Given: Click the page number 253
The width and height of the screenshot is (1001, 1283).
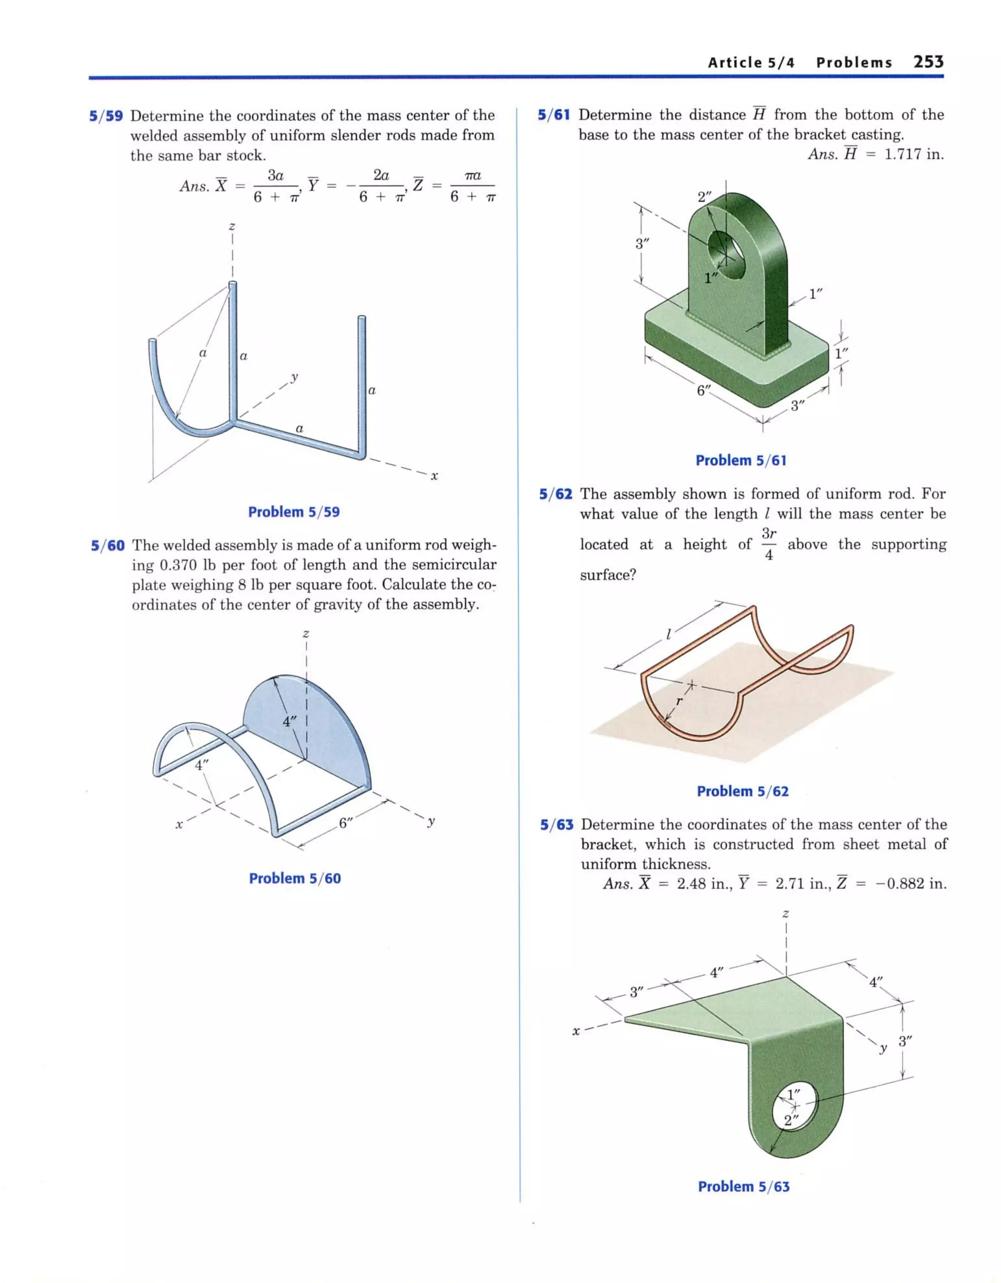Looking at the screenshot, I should coord(928,62).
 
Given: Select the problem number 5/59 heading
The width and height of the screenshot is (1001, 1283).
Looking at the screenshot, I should coord(106,116).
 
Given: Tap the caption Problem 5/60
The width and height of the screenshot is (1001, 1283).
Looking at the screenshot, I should coord(295,878).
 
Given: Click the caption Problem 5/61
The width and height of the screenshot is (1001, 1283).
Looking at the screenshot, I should coord(740,461).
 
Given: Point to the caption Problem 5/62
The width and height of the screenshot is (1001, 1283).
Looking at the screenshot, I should coord(742,791).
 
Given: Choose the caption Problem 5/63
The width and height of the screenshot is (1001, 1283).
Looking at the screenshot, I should coord(743,1187).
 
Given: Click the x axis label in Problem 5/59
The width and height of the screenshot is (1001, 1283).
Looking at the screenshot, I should coord(435,476).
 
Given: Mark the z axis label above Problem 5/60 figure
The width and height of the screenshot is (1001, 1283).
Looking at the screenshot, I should coord(305,633).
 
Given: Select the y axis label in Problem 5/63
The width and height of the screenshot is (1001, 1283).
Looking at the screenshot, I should coord(882,1049).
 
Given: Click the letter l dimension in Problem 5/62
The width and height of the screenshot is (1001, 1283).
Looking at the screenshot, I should coord(668,634).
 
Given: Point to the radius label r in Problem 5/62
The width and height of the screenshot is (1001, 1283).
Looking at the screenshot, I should coord(679,701).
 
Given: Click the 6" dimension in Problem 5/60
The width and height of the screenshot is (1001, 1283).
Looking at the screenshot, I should coord(346,822).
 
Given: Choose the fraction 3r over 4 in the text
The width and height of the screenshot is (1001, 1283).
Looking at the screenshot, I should coord(769,544).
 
